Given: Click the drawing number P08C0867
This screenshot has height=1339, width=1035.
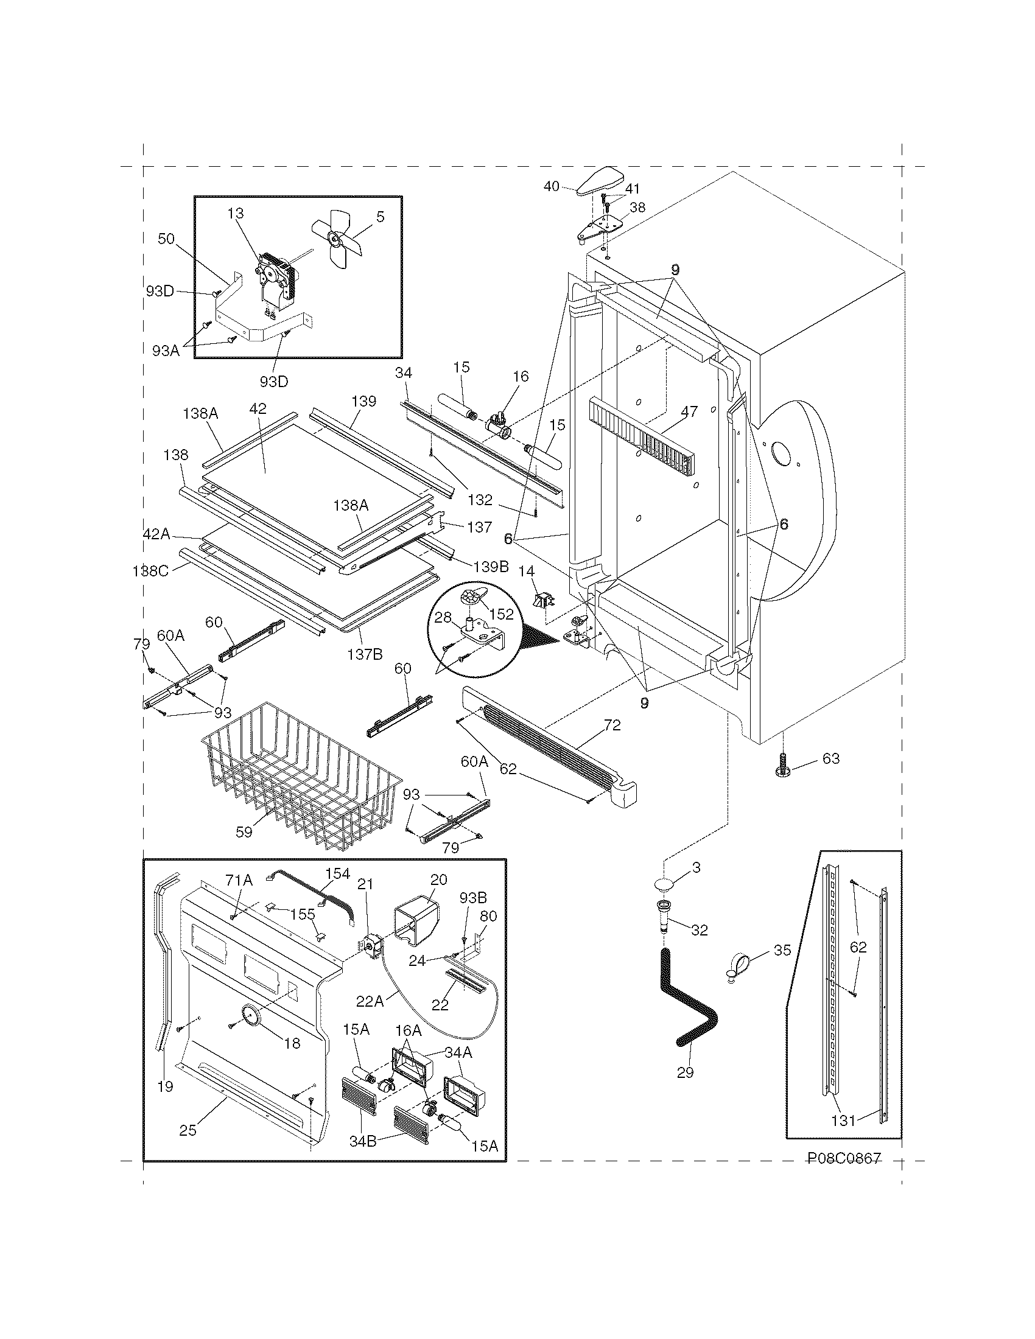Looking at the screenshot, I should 844,1158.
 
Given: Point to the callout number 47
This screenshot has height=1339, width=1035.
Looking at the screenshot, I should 689,411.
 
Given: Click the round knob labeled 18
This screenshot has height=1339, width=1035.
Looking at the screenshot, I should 250,1015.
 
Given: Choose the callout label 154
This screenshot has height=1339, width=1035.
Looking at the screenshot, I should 338,873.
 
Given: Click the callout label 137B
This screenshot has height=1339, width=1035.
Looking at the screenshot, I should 365,654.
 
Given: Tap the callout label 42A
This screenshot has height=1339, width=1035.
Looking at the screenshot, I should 156,534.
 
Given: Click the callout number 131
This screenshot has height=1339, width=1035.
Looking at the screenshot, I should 843,1120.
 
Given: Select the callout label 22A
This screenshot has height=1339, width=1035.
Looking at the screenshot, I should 370,1001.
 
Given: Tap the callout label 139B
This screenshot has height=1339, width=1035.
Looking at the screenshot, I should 490,567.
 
